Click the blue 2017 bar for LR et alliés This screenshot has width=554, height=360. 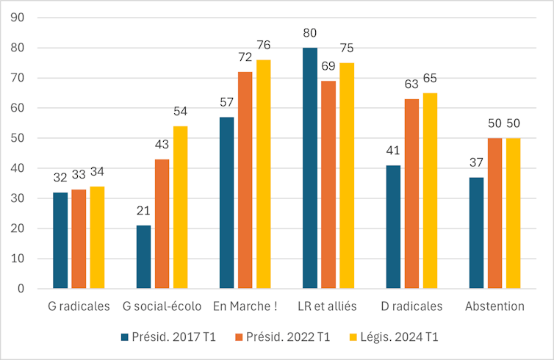point(310,168)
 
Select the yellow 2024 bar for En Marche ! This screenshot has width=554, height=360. point(263,174)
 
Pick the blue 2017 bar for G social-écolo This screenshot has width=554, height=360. point(143,257)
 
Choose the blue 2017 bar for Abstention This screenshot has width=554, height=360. point(476,233)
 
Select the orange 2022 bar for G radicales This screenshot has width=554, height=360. point(79,240)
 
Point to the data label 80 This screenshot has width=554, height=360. point(310,33)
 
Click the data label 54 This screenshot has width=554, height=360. point(180,112)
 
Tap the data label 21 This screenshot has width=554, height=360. point(143,211)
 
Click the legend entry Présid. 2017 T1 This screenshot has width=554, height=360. point(166,336)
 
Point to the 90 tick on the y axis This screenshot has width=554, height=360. point(16,18)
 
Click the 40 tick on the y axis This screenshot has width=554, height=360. point(16,168)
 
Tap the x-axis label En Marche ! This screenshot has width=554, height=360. point(245,306)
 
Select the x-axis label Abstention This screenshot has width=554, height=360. point(494,306)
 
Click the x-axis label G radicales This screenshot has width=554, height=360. point(79,306)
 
